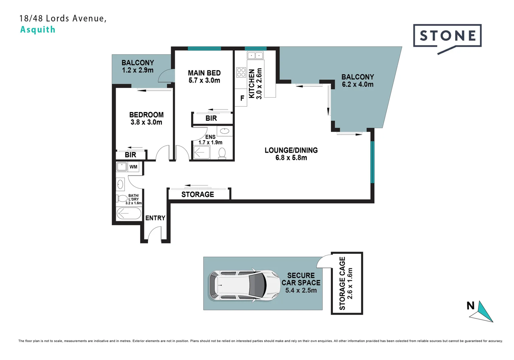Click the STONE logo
coord(447,36)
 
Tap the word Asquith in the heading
coord(38,29)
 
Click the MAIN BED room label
coord(204,73)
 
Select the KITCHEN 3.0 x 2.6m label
coord(255,84)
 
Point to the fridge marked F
coord(242,98)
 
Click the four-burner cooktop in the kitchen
coord(241,72)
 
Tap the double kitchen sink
coord(255,55)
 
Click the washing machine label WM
coord(133,167)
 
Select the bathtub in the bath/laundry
coord(129,213)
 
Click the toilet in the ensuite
coord(222,153)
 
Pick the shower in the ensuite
coord(201,153)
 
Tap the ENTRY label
coord(155,218)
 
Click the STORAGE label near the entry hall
coord(197,194)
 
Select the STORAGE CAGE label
coord(342,283)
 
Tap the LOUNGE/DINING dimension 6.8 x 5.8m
coord(291,158)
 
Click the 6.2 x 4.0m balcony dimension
coord(357,84)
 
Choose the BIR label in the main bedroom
coord(211,118)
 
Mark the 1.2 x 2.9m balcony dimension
coord(137,70)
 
